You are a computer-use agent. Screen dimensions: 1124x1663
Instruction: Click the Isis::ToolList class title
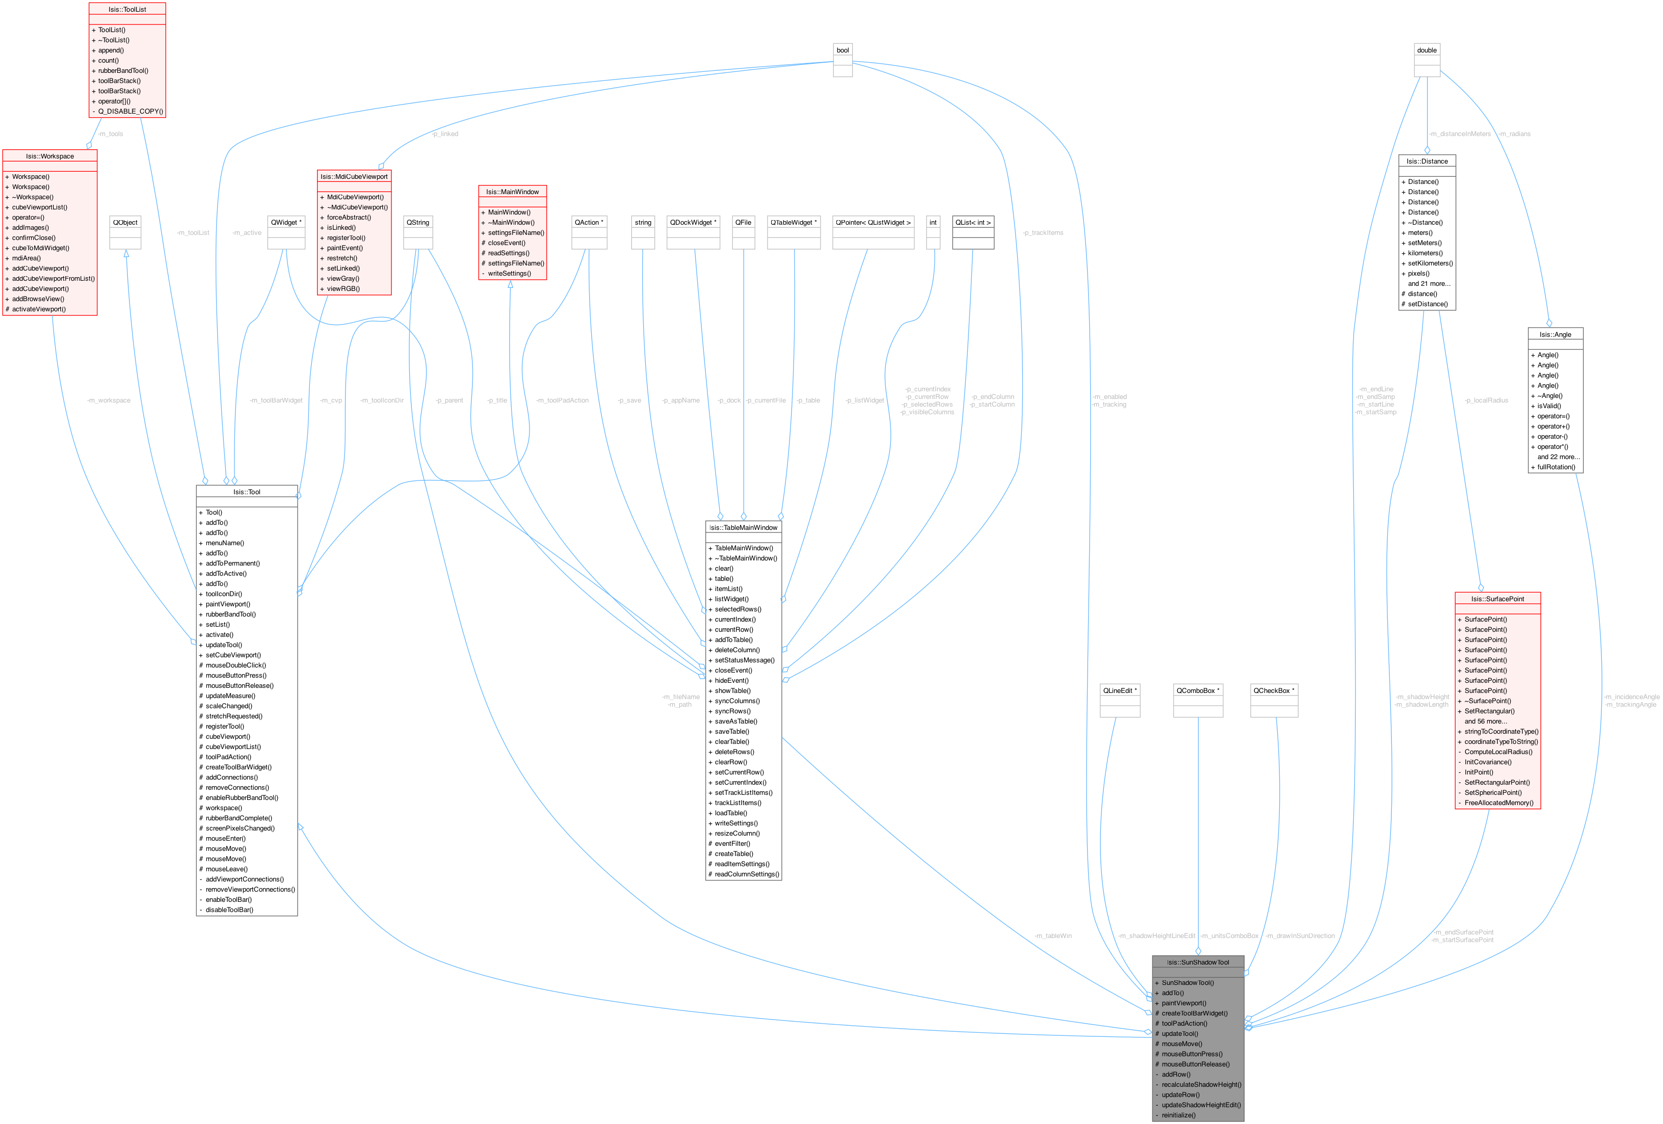(x=127, y=9)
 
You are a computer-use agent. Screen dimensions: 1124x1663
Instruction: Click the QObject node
(x=125, y=223)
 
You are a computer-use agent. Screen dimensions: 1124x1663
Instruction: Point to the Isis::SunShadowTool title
(x=1197, y=962)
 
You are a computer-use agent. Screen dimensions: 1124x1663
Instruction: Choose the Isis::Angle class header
(x=1555, y=334)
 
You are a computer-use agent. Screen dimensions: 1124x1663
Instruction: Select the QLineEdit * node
(x=1120, y=690)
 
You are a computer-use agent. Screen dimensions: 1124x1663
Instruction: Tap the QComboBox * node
(x=1198, y=690)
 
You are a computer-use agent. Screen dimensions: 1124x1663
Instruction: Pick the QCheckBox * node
(x=1274, y=690)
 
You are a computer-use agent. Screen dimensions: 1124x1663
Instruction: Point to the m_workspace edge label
(x=109, y=400)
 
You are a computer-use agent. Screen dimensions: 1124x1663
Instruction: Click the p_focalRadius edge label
(x=1486, y=400)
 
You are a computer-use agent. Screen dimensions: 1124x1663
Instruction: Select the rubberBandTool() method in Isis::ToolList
(x=123, y=71)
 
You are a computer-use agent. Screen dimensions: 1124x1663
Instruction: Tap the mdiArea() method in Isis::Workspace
(x=27, y=258)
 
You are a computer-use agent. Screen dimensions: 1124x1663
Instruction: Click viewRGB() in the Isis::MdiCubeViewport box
(x=344, y=289)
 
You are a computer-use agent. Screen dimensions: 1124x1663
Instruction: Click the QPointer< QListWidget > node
(x=873, y=223)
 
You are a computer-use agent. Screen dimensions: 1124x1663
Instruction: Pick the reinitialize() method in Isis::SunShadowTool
(x=1178, y=1115)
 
